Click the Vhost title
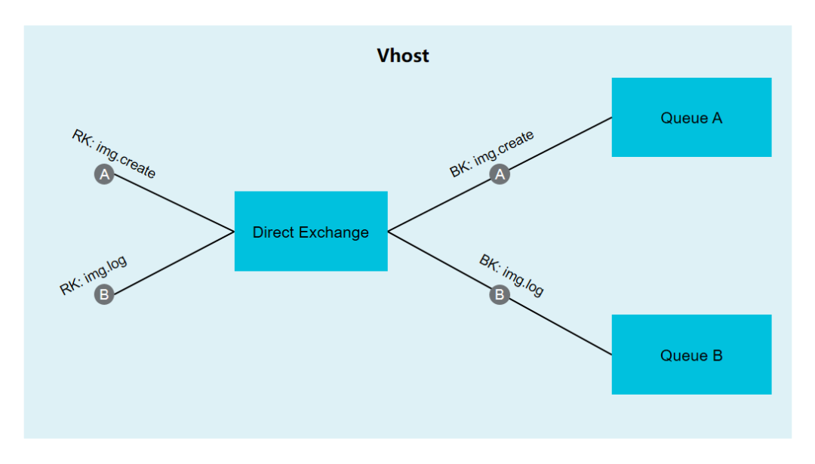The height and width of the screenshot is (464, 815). [403, 55]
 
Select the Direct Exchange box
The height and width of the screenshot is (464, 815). [311, 231]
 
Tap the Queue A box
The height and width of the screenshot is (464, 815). [691, 117]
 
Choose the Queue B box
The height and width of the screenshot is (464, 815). [691, 355]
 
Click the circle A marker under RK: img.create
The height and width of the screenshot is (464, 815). [104, 174]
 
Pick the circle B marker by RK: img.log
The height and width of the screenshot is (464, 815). [104, 294]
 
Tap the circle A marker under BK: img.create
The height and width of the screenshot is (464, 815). [500, 174]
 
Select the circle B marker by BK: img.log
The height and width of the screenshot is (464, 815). [500, 294]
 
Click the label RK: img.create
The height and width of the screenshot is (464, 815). [114, 154]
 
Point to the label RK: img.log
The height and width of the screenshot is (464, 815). [93, 275]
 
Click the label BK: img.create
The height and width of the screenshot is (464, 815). [492, 153]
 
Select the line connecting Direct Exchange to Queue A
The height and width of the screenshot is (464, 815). [558, 144]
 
